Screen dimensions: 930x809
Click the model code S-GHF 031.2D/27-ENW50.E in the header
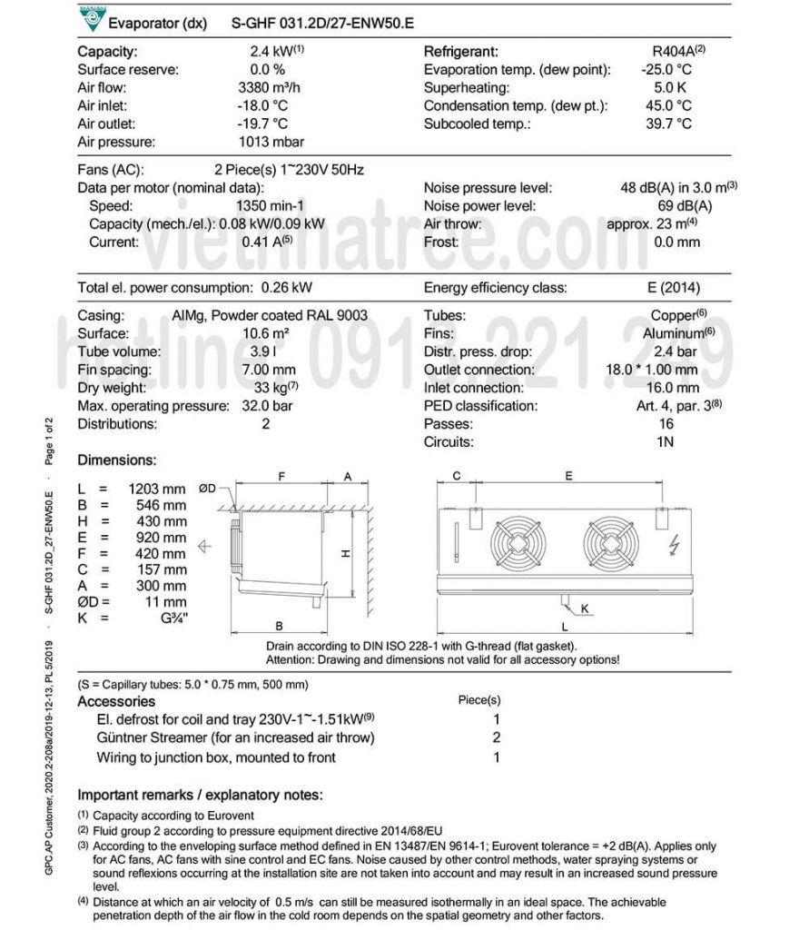point(323,23)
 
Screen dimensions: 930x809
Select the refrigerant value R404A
point(668,52)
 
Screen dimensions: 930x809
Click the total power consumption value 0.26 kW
point(286,288)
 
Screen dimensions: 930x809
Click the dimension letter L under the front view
point(565,627)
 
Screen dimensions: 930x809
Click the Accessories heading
point(116,701)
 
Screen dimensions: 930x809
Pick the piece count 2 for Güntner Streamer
point(497,737)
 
